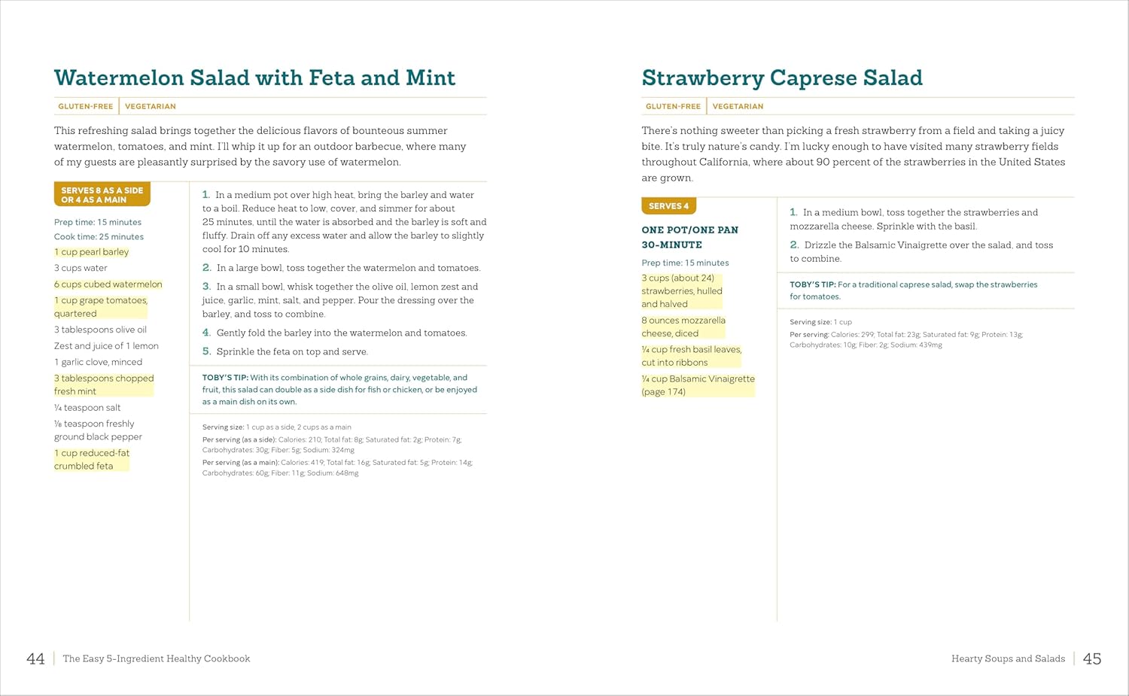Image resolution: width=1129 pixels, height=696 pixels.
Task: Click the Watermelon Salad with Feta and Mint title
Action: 254,78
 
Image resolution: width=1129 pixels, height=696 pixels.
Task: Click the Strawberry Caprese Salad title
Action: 781,78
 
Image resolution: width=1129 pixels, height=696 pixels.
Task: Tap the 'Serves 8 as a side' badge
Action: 102,195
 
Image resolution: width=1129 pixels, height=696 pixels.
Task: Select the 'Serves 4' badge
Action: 668,206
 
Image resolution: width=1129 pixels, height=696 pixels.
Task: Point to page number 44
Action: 35,659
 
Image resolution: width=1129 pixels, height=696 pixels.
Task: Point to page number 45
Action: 1091,659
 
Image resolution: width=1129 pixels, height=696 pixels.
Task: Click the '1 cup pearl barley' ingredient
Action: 91,252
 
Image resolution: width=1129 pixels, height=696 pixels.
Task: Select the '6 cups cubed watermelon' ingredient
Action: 108,284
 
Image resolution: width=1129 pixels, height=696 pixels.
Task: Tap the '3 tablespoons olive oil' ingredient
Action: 100,330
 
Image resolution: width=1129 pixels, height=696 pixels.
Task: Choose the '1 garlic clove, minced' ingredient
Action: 98,362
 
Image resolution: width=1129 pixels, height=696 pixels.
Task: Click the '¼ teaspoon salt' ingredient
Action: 87,408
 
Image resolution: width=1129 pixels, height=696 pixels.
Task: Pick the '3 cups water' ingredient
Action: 81,268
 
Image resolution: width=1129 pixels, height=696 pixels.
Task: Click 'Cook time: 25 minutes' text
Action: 99,236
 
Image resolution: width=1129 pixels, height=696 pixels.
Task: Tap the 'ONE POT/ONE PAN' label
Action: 689,230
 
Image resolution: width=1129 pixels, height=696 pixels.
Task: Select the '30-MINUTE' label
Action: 671,245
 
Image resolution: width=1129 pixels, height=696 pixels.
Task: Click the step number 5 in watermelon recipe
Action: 206,351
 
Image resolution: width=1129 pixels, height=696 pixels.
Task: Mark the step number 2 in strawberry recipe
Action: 794,245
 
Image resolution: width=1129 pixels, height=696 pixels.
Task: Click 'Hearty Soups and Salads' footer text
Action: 1008,659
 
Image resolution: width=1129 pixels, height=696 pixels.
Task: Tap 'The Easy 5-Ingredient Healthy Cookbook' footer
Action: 157,659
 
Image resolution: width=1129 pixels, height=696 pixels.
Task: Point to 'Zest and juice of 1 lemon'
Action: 106,346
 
